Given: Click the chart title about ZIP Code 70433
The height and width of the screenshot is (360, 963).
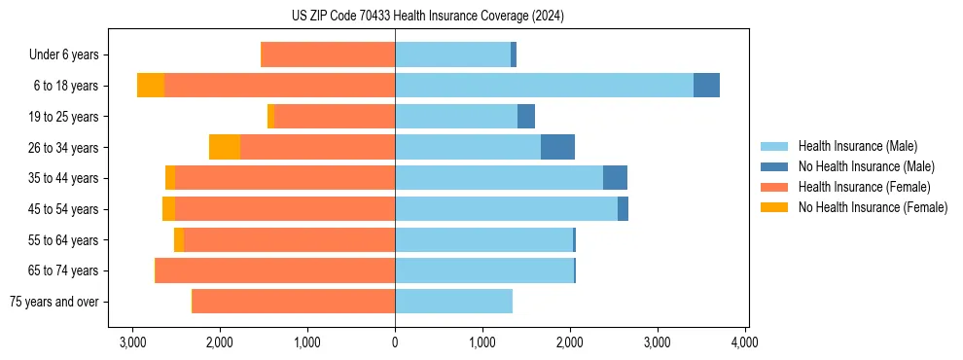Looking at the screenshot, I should (428, 17).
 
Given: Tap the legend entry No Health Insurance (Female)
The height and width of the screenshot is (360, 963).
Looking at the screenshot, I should (873, 207).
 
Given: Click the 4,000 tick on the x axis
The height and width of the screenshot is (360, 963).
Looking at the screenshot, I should (745, 342).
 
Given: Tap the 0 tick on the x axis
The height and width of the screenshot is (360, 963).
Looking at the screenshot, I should (395, 342).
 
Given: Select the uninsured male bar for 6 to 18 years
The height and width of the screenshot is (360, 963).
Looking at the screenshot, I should (706, 86).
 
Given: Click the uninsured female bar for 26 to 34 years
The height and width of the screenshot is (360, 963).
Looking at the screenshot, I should (225, 147).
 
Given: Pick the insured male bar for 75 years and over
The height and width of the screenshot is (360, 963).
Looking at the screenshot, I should (453, 302).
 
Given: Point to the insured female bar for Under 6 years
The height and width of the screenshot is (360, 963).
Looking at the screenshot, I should (329, 54).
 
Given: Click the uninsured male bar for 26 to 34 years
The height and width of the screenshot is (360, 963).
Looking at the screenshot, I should (557, 147).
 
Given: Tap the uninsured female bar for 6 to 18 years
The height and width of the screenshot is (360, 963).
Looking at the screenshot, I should (151, 86).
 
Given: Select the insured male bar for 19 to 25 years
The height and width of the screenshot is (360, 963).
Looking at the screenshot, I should (456, 117).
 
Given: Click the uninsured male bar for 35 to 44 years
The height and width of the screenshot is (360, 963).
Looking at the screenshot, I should (615, 178).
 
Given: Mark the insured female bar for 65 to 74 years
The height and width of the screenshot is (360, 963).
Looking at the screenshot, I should (275, 270).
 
